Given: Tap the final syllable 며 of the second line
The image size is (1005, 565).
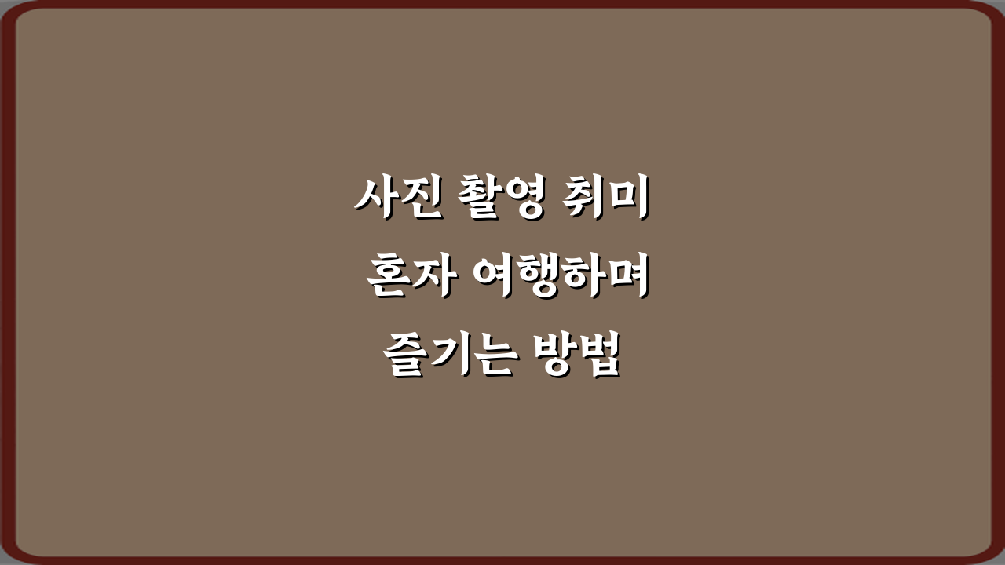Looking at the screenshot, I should (x=628, y=279).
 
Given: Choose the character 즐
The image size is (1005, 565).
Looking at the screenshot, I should (x=406, y=357).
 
